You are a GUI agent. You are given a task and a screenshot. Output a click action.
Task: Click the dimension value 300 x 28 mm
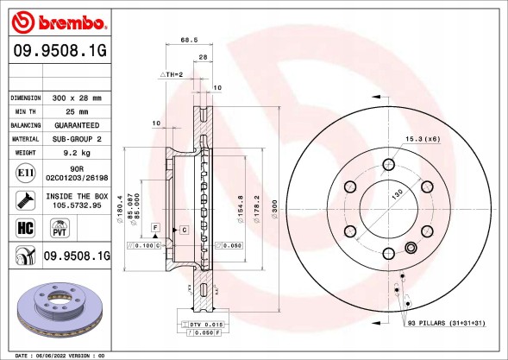pos(78,98)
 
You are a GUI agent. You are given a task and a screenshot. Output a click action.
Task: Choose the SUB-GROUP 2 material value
pos(78,138)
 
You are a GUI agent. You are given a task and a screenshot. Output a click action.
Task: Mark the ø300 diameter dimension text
pos(273,212)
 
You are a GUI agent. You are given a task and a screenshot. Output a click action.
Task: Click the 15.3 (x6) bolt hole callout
pos(423,139)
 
